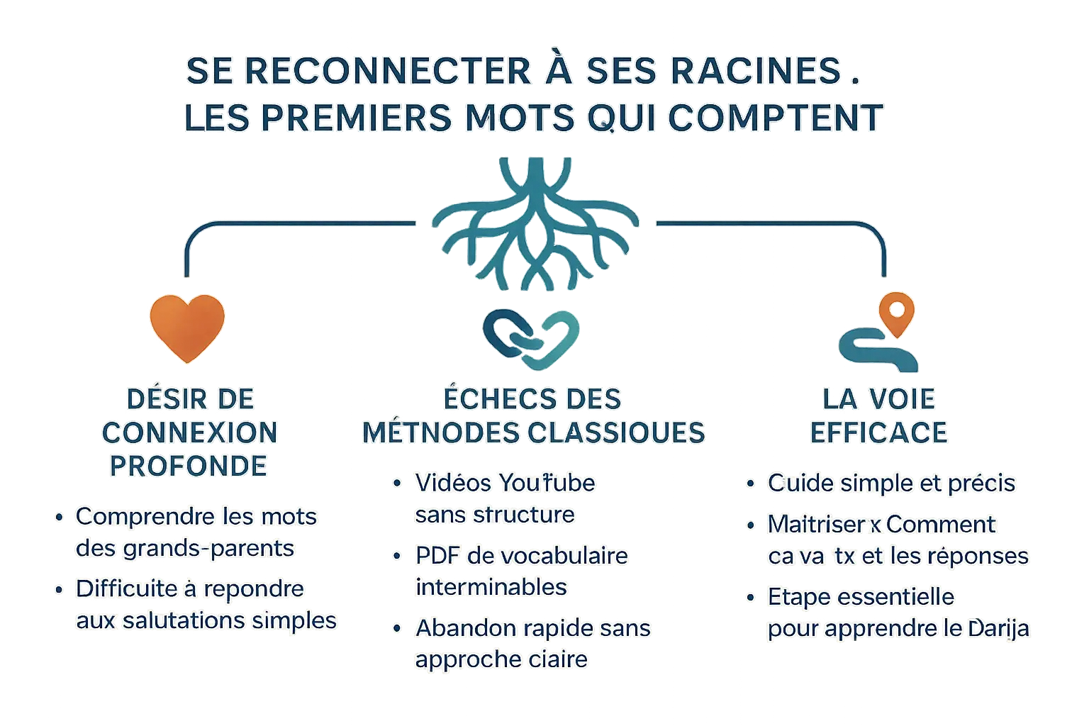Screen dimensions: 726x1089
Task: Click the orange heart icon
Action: coord(186,326)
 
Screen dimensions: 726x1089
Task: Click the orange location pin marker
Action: coord(897,313)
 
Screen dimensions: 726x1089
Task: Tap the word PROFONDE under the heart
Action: coord(189,466)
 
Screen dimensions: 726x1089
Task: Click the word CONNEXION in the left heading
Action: coord(189,432)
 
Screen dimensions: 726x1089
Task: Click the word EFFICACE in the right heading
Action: coord(878,432)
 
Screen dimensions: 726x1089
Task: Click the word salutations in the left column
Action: coord(186,620)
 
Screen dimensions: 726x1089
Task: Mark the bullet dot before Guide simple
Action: coord(750,484)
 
